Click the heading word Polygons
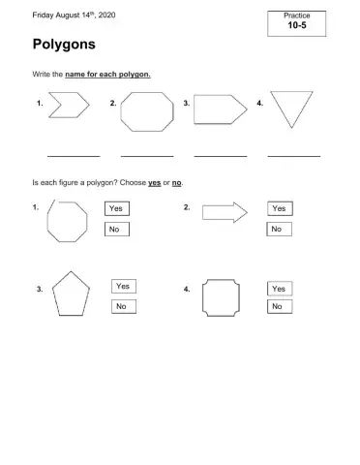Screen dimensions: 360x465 pyautogui.click(x=64, y=46)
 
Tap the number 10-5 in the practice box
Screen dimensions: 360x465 pyautogui.click(x=298, y=27)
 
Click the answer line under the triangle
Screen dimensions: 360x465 pyautogui.click(x=293, y=155)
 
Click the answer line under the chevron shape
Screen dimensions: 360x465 pyautogui.click(x=74, y=155)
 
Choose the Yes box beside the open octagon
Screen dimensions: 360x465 pyautogui.click(x=117, y=208)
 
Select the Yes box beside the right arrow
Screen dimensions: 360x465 pyautogui.click(x=280, y=208)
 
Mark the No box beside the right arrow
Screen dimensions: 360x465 pyautogui.click(x=279, y=229)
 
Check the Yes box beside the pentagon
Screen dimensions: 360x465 pyautogui.click(x=124, y=287)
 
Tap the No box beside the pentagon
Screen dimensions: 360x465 pyautogui.click(x=123, y=306)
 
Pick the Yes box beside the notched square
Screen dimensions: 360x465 pyautogui.click(x=280, y=288)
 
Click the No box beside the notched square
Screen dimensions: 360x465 pyautogui.click(x=279, y=307)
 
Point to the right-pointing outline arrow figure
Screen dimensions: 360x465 pyautogui.click(x=225, y=212)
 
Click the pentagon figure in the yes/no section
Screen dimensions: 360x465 pyautogui.click(x=72, y=294)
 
